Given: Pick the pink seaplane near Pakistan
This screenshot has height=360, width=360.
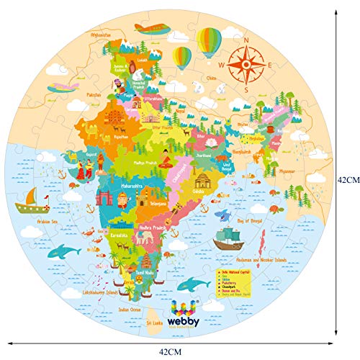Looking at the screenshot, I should click(x=63, y=86).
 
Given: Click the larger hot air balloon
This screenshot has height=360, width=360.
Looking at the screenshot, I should click(x=209, y=41).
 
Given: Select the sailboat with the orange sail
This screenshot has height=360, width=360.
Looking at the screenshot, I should click(x=31, y=197).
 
